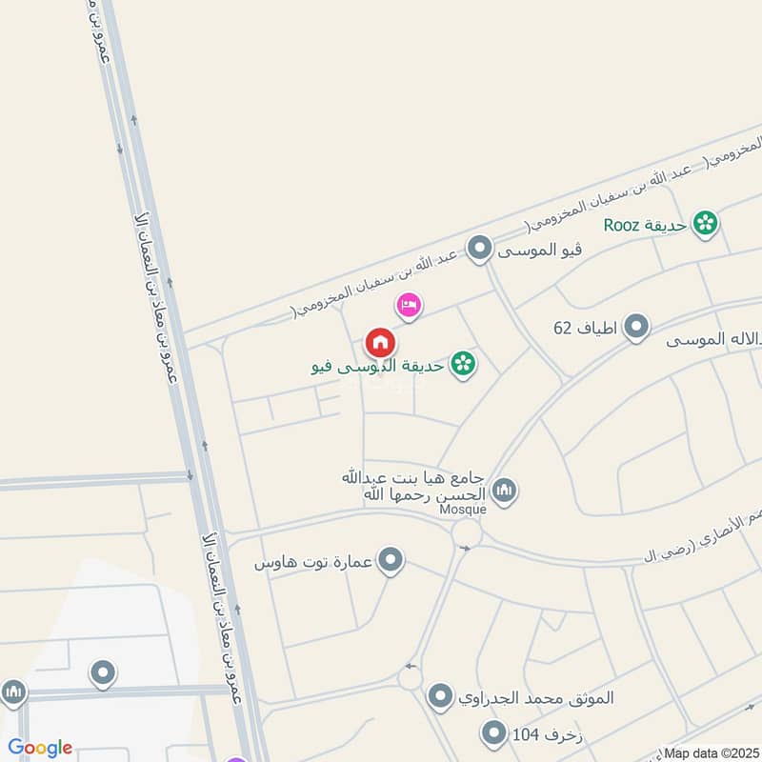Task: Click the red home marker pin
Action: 379,342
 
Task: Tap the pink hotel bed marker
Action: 409,305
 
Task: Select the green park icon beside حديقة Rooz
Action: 706,224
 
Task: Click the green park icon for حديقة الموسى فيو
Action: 463,363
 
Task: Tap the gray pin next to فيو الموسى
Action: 481,251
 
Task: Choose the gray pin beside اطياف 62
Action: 636,329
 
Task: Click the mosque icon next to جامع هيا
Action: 504,491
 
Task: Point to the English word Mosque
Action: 463,510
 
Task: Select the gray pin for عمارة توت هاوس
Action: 391,562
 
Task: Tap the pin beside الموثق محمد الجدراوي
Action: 439,696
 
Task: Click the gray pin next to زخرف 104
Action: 493,733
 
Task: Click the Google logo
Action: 40,748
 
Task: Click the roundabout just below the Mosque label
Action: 467,532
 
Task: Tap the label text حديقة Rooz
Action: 646,225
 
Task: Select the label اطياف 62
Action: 586,329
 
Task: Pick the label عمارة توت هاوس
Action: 313,563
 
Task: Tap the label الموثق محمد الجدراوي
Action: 535,697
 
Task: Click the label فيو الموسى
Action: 538,251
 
